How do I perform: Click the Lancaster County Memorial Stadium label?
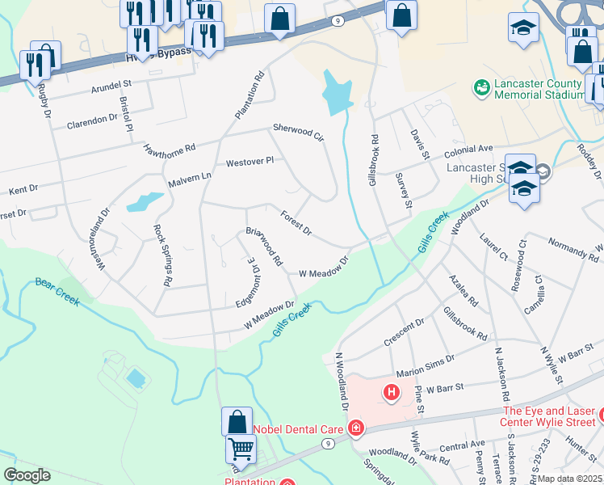[x=537, y=89]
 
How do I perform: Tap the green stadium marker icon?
[x=482, y=85]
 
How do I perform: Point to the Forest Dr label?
[x=296, y=224]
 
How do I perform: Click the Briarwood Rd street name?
[x=264, y=247]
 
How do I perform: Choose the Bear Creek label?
[x=57, y=289]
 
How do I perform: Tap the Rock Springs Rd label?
[x=163, y=255]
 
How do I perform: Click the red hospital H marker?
[x=392, y=393]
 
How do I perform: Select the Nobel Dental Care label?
[x=299, y=428]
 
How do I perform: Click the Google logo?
[x=27, y=475]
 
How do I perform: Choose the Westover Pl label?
[x=250, y=162]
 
